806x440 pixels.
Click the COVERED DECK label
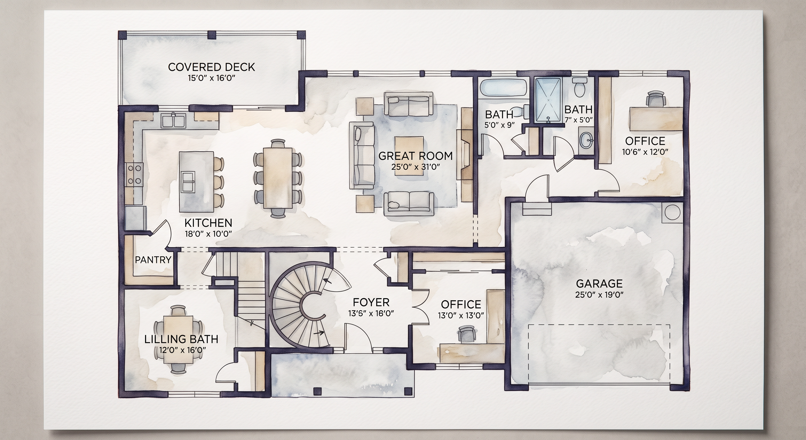coord(212,67)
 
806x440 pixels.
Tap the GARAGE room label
coord(599,283)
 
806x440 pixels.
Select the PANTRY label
coord(153,260)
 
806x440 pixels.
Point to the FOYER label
coord(371,302)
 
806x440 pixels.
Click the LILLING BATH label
coord(181,339)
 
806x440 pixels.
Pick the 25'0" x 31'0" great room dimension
coord(416,167)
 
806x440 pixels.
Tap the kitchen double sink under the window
coord(173,121)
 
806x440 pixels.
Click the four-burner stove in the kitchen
coord(135,175)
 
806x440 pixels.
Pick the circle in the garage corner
coord(672,213)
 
